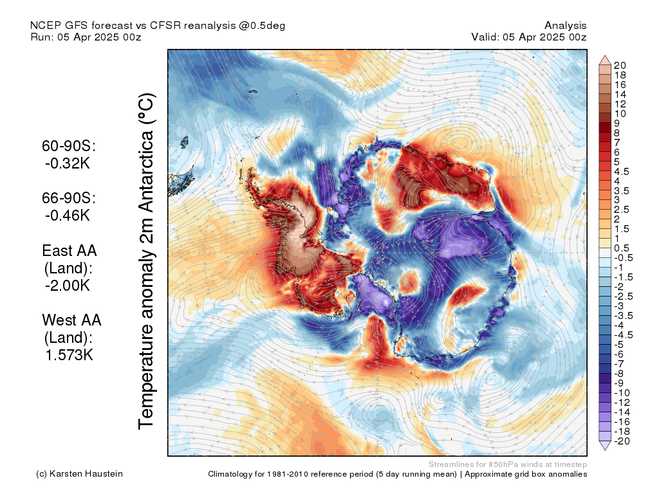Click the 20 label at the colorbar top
point(620,66)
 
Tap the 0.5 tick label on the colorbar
point(622,248)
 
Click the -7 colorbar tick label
point(619,363)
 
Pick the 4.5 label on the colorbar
point(622,171)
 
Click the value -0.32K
point(68,163)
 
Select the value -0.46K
point(68,215)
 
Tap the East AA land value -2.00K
point(68,286)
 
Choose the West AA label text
point(71,320)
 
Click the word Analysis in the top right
point(565,25)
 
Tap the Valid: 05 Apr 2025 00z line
point(528,37)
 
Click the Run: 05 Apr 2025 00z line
point(86,37)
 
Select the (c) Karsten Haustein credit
point(79,474)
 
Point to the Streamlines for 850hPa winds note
point(507,464)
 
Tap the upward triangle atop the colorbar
point(605,60)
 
